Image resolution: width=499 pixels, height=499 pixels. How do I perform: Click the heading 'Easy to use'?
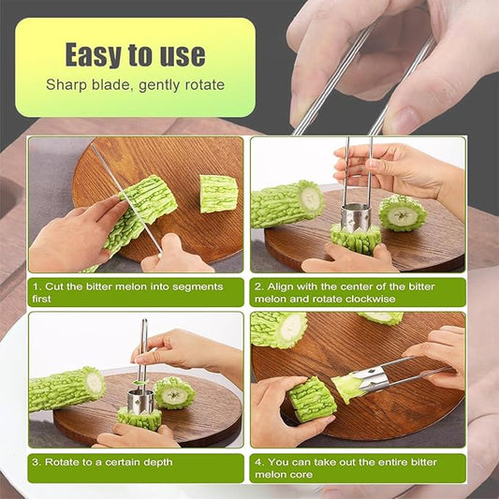point(135,54)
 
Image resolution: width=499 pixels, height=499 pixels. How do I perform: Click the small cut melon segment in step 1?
point(219,193)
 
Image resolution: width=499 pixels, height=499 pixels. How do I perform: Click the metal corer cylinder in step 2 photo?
point(356,218)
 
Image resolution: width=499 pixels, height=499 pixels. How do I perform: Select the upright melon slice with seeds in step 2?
point(403,213)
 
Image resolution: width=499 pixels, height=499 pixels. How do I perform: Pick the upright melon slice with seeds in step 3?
point(174,392)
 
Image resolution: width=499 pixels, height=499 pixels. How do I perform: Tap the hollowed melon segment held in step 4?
point(312,400)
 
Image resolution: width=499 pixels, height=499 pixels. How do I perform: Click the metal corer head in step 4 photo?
point(373,378)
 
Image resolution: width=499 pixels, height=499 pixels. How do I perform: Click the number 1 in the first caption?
point(36,286)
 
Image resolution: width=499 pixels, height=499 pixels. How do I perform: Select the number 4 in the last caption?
point(257,462)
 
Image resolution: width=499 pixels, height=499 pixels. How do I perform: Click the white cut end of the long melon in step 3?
point(95,383)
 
